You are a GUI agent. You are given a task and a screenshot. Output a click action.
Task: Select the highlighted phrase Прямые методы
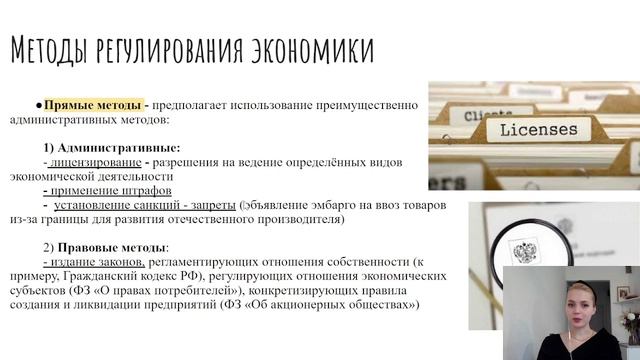tap(90, 104)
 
